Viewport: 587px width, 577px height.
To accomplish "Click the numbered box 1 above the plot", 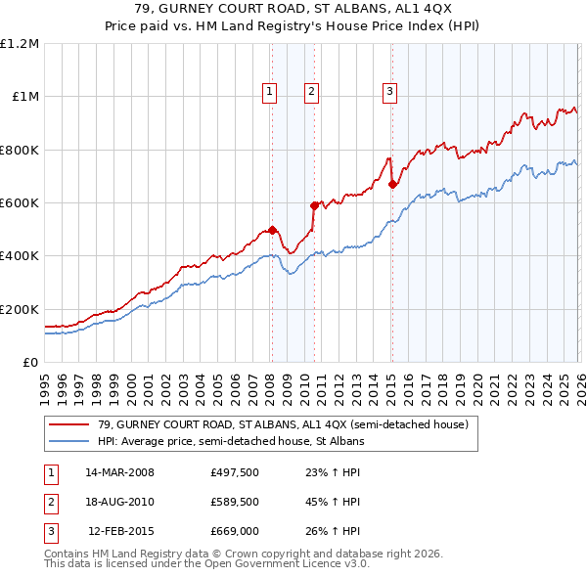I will pos(269,92).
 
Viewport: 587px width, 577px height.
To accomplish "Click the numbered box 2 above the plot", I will pos(311,92).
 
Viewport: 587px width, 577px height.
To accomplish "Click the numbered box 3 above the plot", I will pos(389,92).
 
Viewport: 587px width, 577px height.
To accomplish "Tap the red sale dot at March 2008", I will pos(272,230).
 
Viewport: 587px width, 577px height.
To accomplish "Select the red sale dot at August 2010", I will pos(314,205).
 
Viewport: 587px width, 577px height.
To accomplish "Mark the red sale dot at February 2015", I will pos(391,184).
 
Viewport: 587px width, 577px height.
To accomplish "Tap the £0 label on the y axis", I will pos(29,363).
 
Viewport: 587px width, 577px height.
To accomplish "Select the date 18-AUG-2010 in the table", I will pos(119,503).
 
